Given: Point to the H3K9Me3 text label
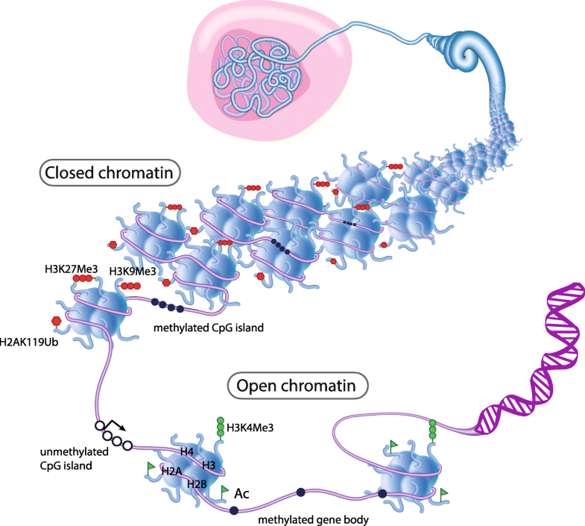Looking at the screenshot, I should pos(132,271).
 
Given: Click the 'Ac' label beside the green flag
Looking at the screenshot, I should pos(241,494).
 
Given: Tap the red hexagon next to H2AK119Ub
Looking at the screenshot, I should pos(55,321).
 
